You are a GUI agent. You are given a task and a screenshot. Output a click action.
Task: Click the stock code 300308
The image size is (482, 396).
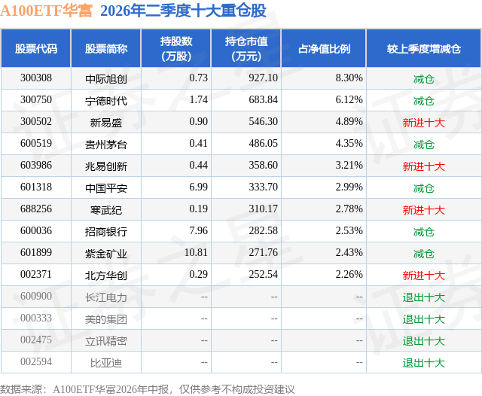(x=36, y=78)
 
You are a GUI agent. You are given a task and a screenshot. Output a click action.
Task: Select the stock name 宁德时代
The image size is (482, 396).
(x=106, y=100)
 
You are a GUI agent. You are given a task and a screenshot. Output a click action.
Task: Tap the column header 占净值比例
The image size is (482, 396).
(x=324, y=48)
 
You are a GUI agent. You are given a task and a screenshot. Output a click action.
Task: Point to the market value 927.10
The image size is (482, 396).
(x=263, y=78)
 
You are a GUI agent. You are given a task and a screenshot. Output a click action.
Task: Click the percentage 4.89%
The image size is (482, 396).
(x=349, y=122)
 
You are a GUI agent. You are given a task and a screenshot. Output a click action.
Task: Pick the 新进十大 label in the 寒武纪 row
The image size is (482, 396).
(x=423, y=210)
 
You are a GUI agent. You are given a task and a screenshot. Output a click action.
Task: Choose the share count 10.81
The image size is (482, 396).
(x=196, y=252)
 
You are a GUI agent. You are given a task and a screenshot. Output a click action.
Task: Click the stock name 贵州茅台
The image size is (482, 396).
(x=106, y=144)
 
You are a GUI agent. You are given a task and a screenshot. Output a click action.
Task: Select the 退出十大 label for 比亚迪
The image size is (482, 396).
(x=423, y=363)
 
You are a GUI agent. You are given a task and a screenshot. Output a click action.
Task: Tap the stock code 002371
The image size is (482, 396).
(x=36, y=274)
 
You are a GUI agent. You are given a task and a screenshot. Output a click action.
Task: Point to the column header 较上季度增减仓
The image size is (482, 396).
(x=423, y=48)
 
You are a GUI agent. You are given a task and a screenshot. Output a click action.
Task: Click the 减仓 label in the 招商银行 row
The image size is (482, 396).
(x=423, y=232)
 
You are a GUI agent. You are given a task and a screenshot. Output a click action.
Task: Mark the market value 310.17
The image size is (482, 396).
(x=263, y=209)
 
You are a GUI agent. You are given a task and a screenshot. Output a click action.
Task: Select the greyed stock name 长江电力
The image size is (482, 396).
(x=106, y=297)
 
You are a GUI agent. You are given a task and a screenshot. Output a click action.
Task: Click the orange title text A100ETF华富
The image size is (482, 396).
(x=46, y=11)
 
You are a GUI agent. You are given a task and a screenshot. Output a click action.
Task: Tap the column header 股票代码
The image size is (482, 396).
(x=36, y=48)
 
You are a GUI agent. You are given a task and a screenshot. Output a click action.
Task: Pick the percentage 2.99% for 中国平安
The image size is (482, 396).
(x=349, y=187)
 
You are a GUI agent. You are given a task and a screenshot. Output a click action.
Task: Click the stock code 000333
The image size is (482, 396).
(x=36, y=318)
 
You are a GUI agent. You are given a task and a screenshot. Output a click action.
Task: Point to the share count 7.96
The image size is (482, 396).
(x=198, y=230)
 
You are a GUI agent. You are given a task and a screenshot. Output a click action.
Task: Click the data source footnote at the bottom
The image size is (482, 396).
(x=148, y=389)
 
